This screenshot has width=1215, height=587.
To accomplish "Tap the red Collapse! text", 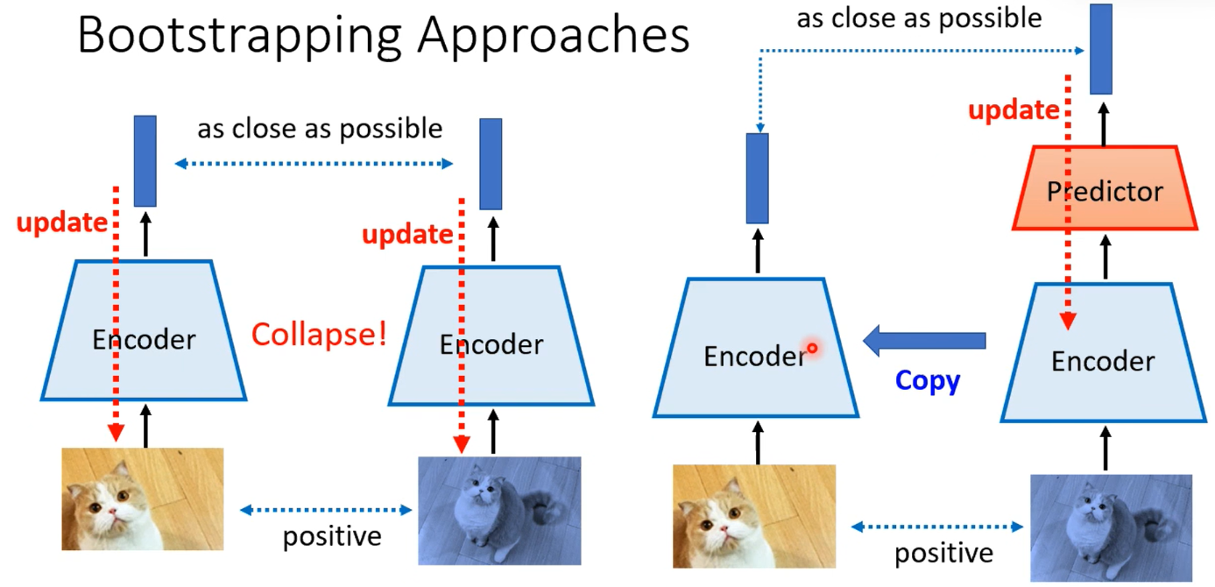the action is (320, 335).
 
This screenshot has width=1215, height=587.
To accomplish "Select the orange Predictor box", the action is (1105, 187).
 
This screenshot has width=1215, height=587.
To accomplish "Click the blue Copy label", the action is (928, 381).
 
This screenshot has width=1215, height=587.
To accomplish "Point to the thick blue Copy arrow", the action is (924, 340).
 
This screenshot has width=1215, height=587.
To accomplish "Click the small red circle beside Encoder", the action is (812, 349).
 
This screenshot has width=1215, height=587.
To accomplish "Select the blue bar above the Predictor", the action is (1101, 49).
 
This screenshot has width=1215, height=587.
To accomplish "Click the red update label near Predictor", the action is (1014, 110).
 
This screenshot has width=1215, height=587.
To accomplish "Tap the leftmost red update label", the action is (62, 223).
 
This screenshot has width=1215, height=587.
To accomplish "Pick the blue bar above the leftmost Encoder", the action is (145, 161).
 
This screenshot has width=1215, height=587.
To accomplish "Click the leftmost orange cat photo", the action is (143, 499).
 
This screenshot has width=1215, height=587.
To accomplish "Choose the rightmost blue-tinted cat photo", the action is (1112, 528).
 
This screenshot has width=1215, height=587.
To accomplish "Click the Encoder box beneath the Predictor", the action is (1103, 352).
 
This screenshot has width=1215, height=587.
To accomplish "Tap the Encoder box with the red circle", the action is (756, 348).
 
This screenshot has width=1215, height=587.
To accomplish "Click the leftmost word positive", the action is (332, 537).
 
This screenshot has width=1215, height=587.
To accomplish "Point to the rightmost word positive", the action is (943, 554).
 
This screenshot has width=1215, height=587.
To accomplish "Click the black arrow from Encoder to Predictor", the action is (1106, 257).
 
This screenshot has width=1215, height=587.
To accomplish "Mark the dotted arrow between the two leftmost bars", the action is (314, 163).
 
